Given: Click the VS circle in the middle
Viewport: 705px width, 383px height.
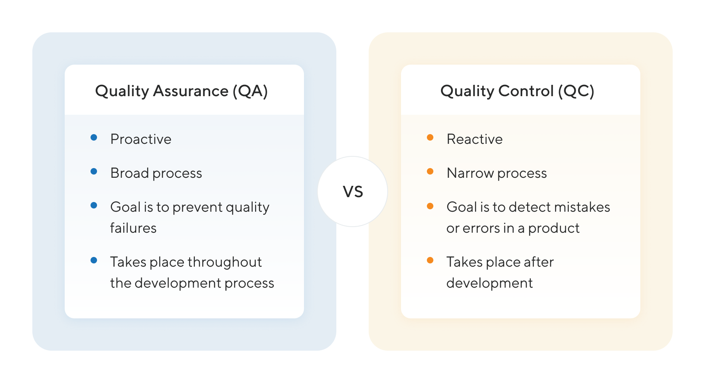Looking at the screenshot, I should coord(352,191).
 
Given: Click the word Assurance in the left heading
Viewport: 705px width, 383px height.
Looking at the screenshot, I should coord(191,91).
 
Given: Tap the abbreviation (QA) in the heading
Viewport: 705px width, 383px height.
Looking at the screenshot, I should coord(250,91).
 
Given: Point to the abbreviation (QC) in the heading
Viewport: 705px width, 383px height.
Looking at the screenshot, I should coord(576,91).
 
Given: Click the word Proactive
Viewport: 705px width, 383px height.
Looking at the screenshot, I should coord(141,139).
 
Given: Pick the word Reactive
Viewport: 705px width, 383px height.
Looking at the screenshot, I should coord(475,139).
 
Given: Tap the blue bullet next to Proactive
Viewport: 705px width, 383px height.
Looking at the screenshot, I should coord(94,137).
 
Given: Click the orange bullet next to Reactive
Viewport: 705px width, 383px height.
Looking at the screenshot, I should coord(430,137).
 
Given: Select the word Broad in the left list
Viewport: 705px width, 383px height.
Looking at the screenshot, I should coord(130,173).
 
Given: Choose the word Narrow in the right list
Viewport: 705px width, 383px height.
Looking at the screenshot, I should coord(470,173).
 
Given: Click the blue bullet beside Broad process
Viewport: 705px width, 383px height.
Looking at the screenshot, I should coord(94,171).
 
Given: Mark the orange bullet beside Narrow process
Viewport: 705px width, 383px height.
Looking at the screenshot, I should coord(430,171).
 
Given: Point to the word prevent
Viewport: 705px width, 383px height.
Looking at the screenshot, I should coord(197,207).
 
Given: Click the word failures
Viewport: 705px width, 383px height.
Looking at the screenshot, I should coord(133,228).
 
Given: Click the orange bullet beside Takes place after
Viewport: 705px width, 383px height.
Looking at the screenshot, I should coord(430,260).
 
